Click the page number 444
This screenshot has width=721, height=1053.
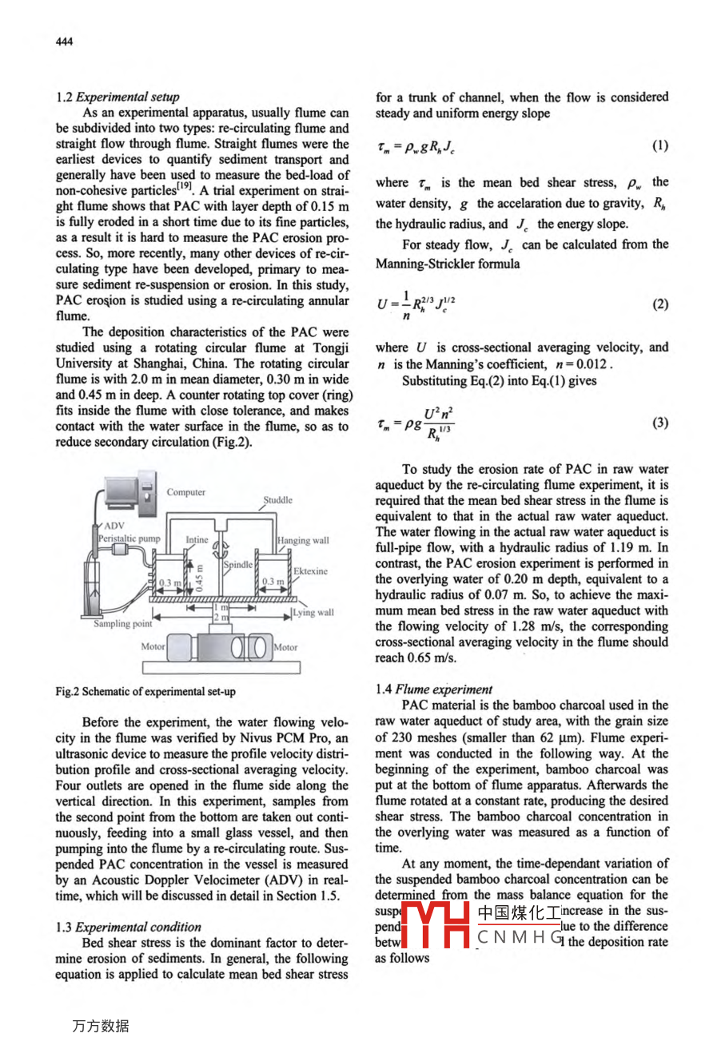tap(64, 42)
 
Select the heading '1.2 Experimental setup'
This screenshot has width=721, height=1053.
tap(118, 97)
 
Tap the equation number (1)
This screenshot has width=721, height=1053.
tap(659, 145)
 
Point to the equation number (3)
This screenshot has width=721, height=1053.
tap(659, 423)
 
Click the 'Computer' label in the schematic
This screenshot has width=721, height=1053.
tap(185, 492)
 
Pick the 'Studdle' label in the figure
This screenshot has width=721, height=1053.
tap(277, 500)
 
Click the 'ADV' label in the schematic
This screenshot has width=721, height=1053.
tap(114, 526)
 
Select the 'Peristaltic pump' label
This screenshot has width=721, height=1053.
tap(129, 539)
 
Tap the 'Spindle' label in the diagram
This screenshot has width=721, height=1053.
tap(237, 564)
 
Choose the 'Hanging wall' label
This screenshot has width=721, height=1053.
tap(303, 541)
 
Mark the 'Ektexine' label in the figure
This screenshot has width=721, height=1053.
tap(310, 571)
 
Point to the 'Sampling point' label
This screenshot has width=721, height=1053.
tap(122, 624)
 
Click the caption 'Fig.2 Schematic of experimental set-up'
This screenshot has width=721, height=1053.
tap(145, 692)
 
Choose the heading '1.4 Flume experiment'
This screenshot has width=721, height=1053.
tap(434, 689)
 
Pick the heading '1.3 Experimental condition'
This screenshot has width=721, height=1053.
tap(128, 927)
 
